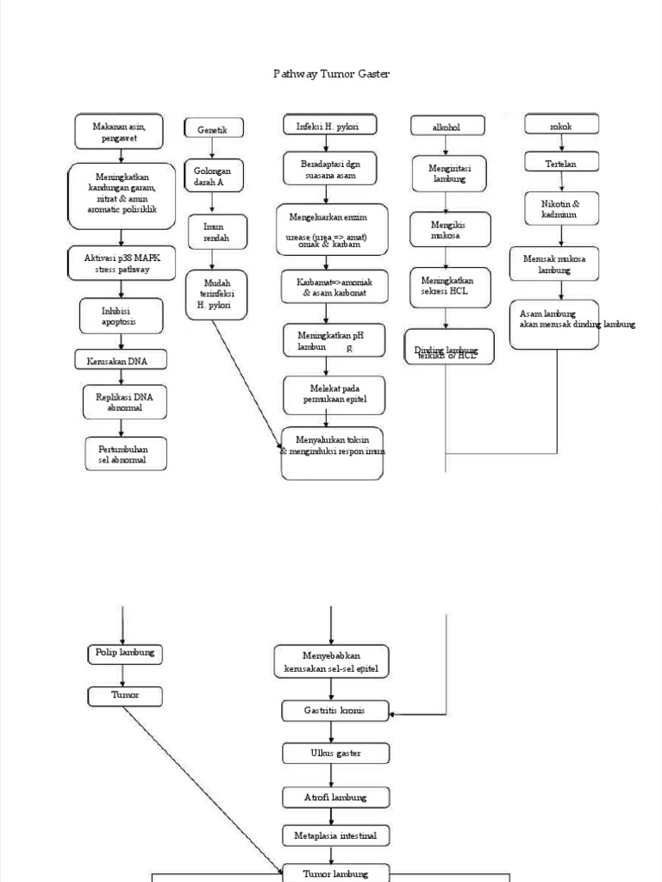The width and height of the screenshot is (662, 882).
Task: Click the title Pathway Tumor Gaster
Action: pyautogui.click(x=331, y=74)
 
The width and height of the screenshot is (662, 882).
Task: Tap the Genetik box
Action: pyautogui.click(x=213, y=129)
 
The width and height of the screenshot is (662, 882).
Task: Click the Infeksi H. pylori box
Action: pyautogui.click(x=327, y=127)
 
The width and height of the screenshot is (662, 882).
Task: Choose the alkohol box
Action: pyautogui.click(x=446, y=127)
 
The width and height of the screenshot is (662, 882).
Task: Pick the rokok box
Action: pyautogui.click(x=561, y=127)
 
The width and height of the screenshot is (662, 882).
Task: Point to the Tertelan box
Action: pyautogui.click(x=561, y=163)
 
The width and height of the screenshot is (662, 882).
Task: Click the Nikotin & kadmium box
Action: pyautogui.click(x=561, y=209)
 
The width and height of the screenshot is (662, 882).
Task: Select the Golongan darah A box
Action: pyautogui.click(x=213, y=177)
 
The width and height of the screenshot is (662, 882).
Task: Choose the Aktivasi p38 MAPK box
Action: pyautogui.click(x=120, y=264)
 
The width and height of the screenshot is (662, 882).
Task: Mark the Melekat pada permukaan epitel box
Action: pyautogui.click(x=334, y=394)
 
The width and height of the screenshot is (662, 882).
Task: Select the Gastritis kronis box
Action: pyautogui.click(x=335, y=711)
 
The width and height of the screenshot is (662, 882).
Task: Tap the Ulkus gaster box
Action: pyautogui.click(x=335, y=754)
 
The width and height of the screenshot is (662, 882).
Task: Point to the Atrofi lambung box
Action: pyautogui.click(x=335, y=798)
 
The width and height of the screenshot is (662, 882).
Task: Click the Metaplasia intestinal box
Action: pyautogui.click(x=335, y=835)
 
